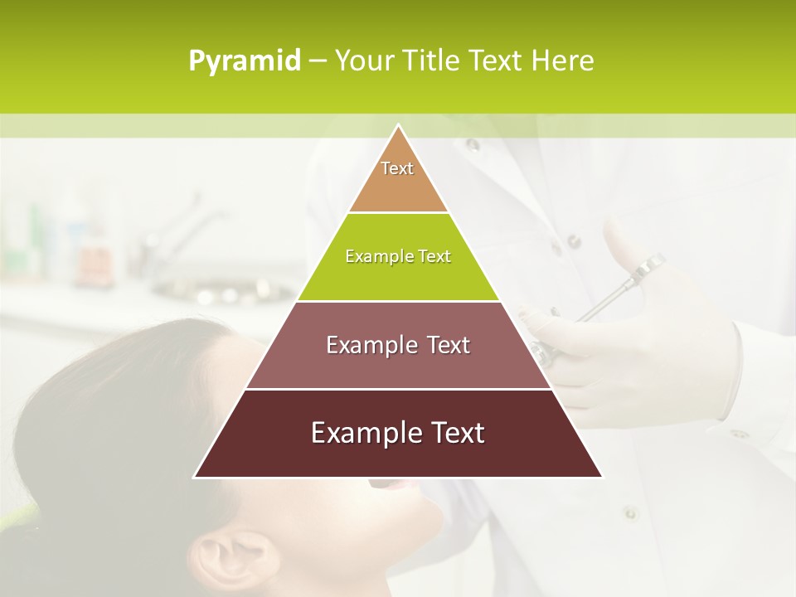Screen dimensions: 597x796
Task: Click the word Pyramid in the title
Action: (245, 61)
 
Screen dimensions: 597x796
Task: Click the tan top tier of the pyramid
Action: (398, 187)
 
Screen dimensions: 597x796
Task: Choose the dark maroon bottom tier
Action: (398, 456)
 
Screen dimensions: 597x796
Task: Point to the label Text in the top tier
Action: (397, 168)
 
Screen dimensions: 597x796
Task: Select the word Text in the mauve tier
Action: (444, 345)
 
